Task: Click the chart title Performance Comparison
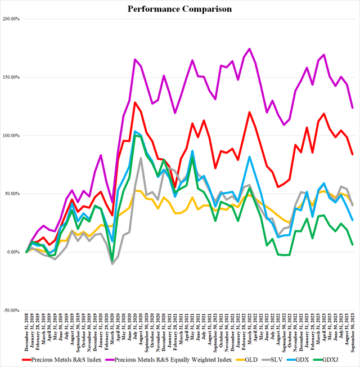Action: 179,9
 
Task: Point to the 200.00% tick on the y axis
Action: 12,19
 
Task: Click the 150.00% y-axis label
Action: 12,77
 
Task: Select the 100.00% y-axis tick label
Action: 12,136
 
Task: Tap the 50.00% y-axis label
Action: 13,194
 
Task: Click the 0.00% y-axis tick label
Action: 14,252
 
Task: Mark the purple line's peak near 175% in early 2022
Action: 249,48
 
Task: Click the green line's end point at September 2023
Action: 352,244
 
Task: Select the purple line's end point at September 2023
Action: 352,108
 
